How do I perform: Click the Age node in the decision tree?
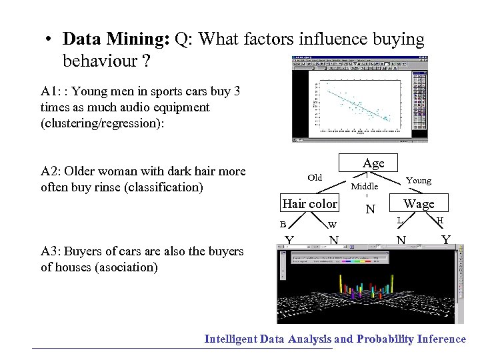[x=373, y=163]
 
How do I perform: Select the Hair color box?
[x=310, y=203]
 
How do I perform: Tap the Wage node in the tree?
[x=419, y=203]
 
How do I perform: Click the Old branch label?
[x=315, y=177]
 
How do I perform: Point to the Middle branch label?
[x=365, y=186]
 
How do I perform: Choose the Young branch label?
[x=419, y=180]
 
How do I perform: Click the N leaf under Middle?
[x=371, y=210]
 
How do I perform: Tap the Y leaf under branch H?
[x=445, y=239]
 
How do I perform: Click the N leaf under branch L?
[x=400, y=239]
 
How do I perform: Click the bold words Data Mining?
[x=116, y=39]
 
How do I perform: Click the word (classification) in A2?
[x=162, y=187]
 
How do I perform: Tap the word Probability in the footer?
[x=385, y=339]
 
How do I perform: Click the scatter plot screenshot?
[x=359, y=99]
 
